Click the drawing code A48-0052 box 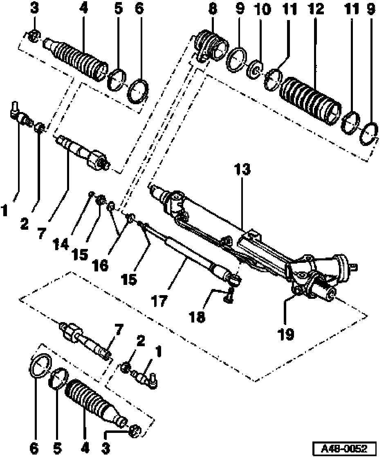pos(344,447)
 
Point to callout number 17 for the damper pos(159,301)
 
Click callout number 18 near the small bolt pos(197,316)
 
